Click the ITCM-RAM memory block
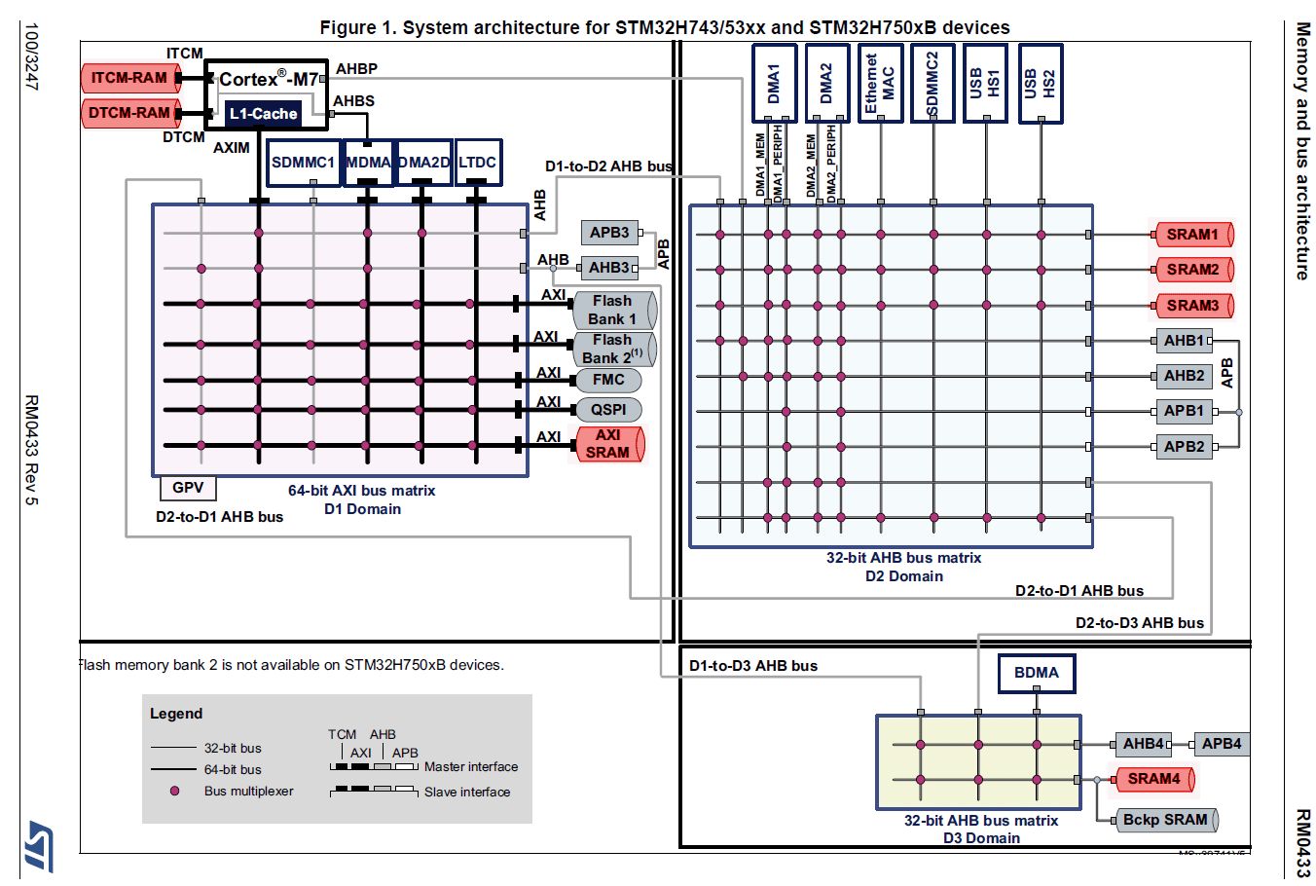click(x=129, y=78)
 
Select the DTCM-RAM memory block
click(x=129, y=113)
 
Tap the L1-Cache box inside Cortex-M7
click(x=263, y=114)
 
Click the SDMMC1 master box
click(x=303, y=163)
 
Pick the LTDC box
click(x=478, y=163)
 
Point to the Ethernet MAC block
click(x=880, y=83)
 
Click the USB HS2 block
click(x=1040, y=83)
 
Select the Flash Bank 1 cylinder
click(x=612, y=310)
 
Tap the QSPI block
click(x=608, y=410)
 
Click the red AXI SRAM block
click(x=608, y=444)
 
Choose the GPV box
click(x=188, y=488)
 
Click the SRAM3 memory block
click(x=1192, y=306)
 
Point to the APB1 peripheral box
click(x=1184, y=411)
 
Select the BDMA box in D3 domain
click(x=1037, y=673)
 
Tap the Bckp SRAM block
click(x=1164, y=820)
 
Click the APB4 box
click(x=1221, y=744)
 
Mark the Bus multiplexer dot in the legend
click(x=175, y=792)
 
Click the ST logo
click(x=40, y=844)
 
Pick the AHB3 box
click(x=609, y=268)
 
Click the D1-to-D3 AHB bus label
click(x=753, y=666)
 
